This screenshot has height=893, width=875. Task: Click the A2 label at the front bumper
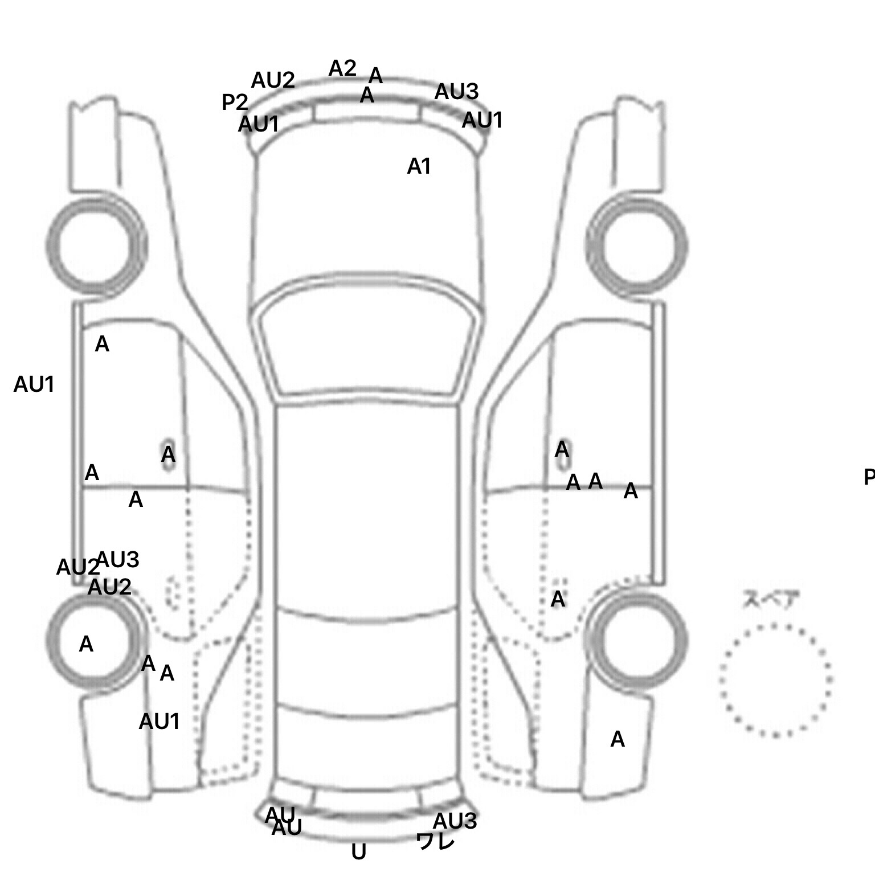[x=342, y=69]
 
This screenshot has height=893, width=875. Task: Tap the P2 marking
[x=235, y=103]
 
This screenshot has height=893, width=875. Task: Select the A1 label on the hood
[x=419, y=167]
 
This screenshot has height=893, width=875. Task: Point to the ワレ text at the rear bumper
[x=436, y=841]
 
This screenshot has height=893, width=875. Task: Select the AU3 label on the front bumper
[x=456, y=92]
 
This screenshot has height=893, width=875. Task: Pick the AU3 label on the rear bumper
[x=455, y=821]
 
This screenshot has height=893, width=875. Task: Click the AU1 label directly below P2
[x=258, y=125]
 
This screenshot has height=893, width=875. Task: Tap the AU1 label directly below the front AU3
[x=482, y=121]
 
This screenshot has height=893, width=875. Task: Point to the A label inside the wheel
[x=86, y=645]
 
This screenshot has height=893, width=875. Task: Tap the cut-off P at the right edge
[x=869, y=477]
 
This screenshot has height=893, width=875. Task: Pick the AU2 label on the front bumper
[x=273, y=81]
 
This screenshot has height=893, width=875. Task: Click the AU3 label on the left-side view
[x=118, y=560]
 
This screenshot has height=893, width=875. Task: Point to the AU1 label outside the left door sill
[x=34, y=385]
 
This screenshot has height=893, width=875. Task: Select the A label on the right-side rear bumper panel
[x=618, y=740]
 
